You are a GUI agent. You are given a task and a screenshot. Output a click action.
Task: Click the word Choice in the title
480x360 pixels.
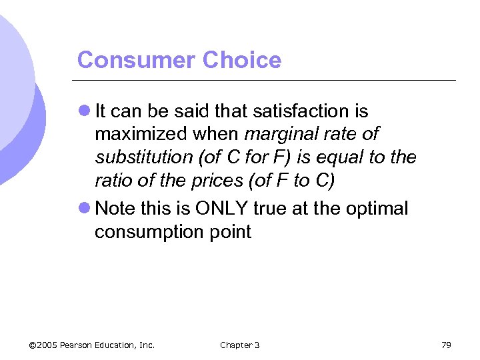[242, 60]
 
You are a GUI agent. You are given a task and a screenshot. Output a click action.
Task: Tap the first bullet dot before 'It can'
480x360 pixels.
[84, 111]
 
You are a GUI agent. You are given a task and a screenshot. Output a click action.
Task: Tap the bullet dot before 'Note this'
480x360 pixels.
[84, 209]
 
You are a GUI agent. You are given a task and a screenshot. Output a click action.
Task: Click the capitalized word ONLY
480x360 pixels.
[222, 209]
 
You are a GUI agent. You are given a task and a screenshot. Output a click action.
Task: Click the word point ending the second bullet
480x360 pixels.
[230, 233]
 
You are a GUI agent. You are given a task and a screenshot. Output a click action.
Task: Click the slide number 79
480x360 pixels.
[446, 345]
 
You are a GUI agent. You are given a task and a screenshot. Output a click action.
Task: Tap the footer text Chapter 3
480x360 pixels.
[239, 345]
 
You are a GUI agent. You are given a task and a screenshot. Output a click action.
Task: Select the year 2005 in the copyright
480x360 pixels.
[48, 345]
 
